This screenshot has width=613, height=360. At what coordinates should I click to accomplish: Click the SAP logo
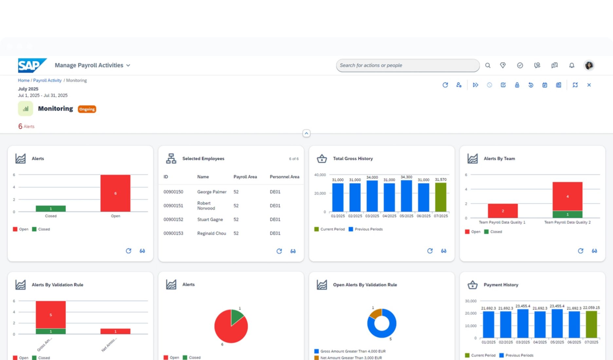[32, 65]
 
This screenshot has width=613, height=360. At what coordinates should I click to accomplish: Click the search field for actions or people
[407, 65]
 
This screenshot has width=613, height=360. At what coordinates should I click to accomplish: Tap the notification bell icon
[571, 65]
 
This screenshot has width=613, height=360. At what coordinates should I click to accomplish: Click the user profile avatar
[589, 65]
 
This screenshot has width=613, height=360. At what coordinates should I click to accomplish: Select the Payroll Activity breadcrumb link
[47, 81]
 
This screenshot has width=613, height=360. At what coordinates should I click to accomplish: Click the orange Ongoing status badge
[87, 109]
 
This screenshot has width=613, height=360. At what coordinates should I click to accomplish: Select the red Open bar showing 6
[115, 193]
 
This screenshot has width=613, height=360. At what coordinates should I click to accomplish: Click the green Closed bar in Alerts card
[51, 208]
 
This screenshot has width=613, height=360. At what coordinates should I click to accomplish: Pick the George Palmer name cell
[212, 192]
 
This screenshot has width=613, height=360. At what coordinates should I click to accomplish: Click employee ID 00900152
[173, 220]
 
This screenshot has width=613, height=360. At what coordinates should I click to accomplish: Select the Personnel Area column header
[284, 177]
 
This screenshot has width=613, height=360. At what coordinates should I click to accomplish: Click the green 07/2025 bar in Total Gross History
[440, 197]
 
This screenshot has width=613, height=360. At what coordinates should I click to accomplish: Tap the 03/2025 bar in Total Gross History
[372, 196]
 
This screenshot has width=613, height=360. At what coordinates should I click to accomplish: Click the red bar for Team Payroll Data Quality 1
[503, 211]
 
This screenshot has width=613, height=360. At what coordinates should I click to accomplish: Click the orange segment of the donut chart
[375, 313]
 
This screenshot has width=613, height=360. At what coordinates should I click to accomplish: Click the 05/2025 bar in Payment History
[557, 323]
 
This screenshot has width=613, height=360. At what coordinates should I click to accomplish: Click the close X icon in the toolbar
[589, 85]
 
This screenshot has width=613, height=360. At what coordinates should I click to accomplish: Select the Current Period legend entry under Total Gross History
[329, 229]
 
